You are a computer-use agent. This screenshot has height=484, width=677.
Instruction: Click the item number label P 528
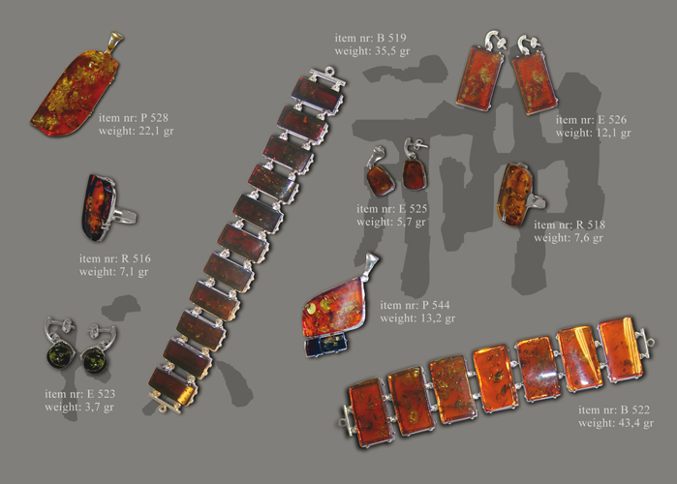pos(133,117)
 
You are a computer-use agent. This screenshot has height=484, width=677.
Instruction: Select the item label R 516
pos(115,258)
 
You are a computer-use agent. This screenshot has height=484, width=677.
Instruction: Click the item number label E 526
pos(591,119)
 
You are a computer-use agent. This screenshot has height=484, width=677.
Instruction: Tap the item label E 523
pos(79,393)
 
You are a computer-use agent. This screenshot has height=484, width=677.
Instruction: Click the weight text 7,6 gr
pos(588,238)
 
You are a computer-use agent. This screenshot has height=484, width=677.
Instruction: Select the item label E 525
pos(391,209)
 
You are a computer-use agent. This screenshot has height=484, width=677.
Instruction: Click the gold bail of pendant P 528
pos(113,41)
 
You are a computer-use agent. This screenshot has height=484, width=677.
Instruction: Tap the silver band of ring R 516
pos(125,215)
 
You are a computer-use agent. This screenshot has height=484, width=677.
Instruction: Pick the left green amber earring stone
pos(60,355)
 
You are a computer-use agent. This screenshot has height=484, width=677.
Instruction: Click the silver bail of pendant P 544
pos(371,263)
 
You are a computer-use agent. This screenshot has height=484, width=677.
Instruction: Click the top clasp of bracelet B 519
pos(327,76)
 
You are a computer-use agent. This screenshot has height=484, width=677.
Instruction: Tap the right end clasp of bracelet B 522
pos(645,343)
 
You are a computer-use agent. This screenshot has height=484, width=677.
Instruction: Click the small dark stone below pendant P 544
pos(326,346)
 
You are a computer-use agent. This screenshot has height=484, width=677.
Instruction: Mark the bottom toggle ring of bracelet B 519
pos(163,408)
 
